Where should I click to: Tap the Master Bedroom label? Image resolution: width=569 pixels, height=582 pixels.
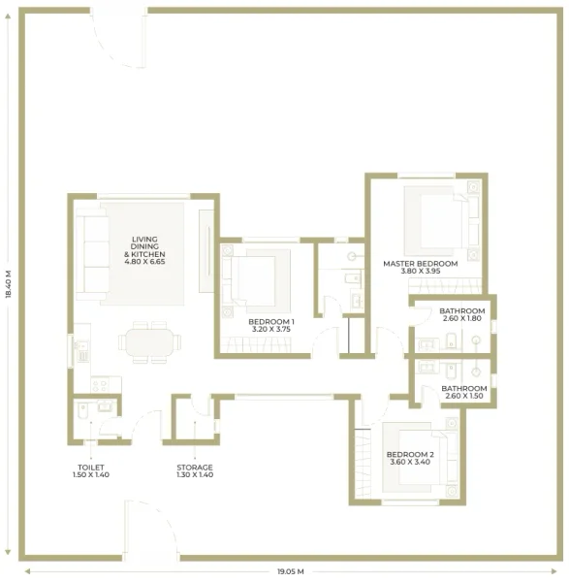[x=420, y=267]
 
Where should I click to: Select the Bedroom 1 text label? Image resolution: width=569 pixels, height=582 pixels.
[x=271, y=325]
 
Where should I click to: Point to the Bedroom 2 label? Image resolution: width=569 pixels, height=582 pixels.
[x=410, y=458]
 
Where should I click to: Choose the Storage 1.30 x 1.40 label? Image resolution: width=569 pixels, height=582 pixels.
[x=195, y=470]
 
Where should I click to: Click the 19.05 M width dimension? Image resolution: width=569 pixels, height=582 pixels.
[x=284, y=571]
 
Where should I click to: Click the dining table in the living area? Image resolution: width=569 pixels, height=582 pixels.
[x=149, y=342]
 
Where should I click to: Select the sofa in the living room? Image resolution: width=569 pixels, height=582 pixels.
[x=94, y=254]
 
